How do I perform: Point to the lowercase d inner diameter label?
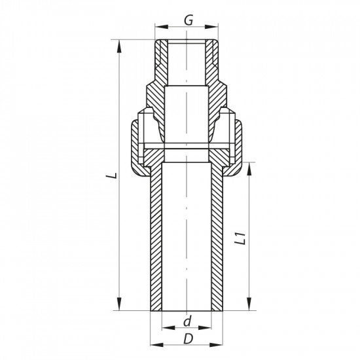coord(188,321)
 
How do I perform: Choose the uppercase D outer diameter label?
coord(188,340)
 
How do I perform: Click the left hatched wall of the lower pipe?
coord(157,242)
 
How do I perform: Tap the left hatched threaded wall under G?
coord(161,62)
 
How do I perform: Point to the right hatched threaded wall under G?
coord(213,62)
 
